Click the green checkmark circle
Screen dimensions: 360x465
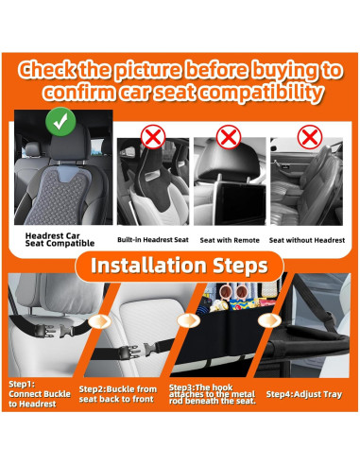60,122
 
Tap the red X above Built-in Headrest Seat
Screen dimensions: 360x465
153,137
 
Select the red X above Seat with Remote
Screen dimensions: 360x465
229,137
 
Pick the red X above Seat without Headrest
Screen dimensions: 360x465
310,137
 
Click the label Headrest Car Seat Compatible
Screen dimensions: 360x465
60,239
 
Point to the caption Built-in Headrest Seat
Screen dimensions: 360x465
153,240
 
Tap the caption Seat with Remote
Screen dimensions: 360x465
230,240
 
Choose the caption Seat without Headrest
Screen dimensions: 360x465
307,240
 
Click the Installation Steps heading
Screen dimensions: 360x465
180,266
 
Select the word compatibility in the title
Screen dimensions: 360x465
262,93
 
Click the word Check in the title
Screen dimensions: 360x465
47,70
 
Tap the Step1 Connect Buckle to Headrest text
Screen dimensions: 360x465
40,394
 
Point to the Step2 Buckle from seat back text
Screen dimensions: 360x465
117,394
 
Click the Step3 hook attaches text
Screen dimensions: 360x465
213,394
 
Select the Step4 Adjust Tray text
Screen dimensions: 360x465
304,394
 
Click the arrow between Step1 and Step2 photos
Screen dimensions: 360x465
99,321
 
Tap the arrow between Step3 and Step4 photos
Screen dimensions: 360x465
269,320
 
